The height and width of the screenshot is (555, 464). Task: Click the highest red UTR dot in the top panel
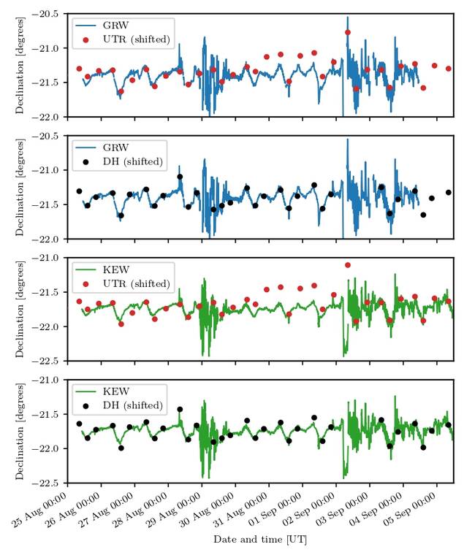point(348,32)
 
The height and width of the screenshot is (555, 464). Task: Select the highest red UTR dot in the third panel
point(348,265)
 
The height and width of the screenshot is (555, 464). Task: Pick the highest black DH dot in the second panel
point(180,177)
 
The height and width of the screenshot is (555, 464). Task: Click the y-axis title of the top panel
point(20,66)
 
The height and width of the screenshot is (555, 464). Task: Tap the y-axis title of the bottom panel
point(20,431)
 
